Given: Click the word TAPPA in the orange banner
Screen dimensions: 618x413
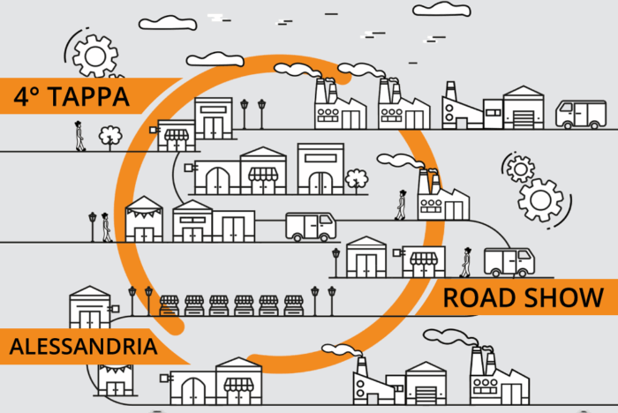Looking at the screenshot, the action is (89, 96).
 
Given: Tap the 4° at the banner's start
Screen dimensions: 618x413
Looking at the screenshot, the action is (26, 96).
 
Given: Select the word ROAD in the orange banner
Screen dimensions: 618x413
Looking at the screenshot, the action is (479, 297).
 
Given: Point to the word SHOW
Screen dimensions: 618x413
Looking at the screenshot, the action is (564, 297).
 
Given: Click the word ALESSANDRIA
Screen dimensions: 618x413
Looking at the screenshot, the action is (83, 347).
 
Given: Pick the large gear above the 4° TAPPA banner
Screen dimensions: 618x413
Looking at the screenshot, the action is (95, 56).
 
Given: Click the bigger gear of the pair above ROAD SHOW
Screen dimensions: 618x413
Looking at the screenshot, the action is (540, 200).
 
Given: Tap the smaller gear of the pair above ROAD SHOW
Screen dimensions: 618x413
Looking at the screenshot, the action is (520, 169).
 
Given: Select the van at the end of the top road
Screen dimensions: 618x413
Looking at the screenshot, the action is (581, 115).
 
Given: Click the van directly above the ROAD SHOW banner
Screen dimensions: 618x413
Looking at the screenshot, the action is (509, 262).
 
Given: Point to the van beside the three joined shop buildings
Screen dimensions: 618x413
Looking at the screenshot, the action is (311, 227).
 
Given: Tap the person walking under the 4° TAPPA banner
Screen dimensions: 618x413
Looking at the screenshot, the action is (80, 136).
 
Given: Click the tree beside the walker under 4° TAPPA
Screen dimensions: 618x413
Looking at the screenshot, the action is (110, 138).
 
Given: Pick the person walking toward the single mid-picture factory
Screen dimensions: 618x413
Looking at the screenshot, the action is (401, 205).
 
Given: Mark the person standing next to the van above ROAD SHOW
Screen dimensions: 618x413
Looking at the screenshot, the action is (466, 262).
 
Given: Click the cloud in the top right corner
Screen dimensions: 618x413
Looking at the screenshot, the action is (441, 9).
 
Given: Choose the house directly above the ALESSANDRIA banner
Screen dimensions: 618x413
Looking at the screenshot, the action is (90, 306).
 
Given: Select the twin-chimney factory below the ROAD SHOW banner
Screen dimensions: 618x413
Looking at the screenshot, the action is (500, 376).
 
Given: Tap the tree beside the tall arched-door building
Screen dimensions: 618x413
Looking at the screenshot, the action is (357, 181).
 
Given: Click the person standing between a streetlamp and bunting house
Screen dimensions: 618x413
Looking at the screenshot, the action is (106, 228).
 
